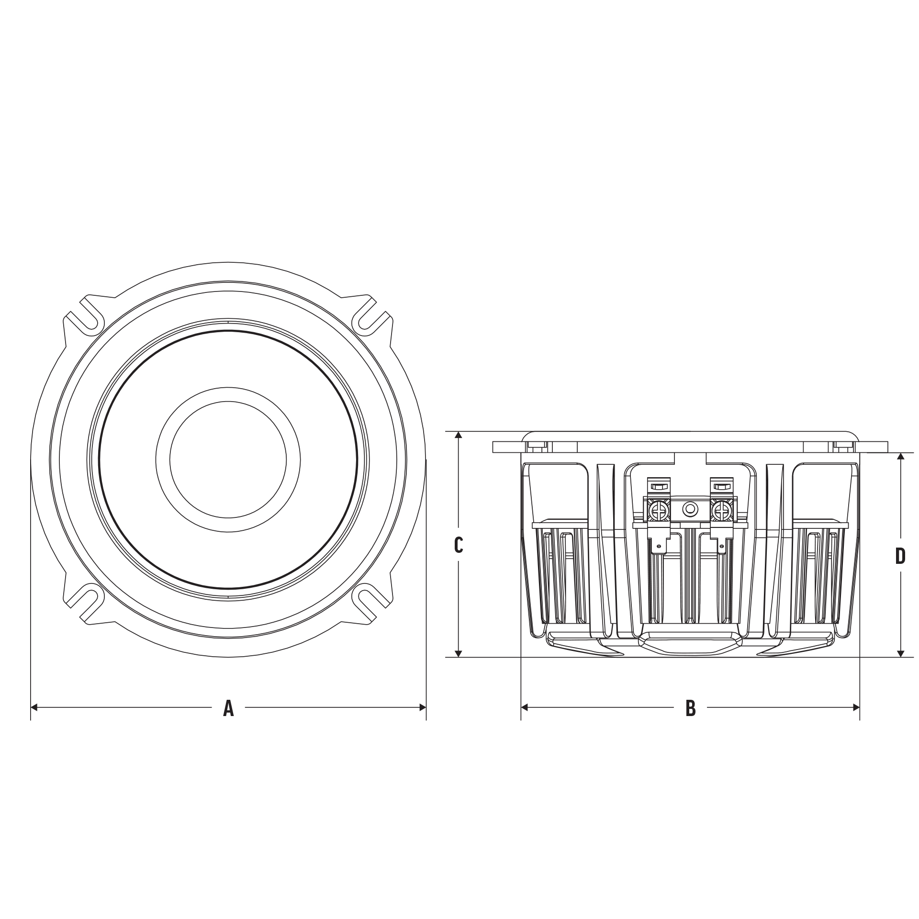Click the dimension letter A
coord(228,707)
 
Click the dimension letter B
coord(690,707)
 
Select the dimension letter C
coord(458,545)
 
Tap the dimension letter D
coord(900,556)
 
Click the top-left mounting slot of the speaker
coord(85,316)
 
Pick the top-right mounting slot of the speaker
coord(372,316)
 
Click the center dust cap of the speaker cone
coord(228,459)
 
